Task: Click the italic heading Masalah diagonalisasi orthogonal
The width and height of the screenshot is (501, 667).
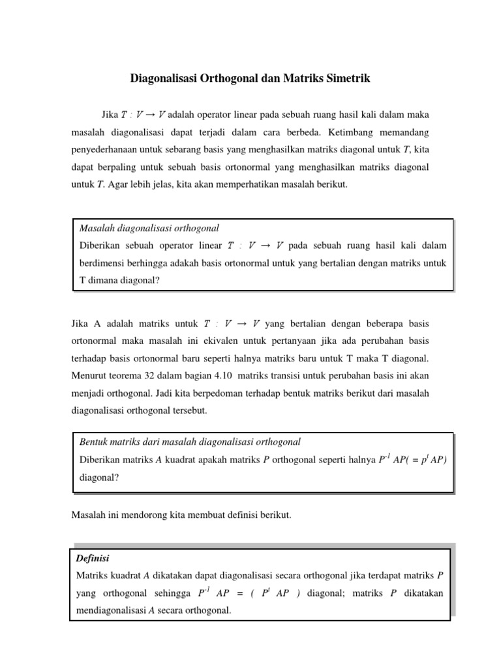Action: [149, 228]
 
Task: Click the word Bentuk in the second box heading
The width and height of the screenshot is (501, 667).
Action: [93, 442]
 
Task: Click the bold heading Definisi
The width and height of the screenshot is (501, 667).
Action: [93, 558]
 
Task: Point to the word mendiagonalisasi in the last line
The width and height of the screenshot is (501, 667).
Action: [110, 611]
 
